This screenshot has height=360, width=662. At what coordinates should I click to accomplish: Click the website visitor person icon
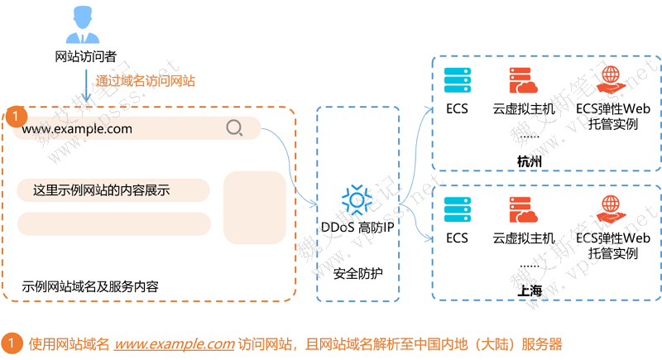coord(85,26)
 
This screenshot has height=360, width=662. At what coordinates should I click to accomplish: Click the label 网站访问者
coord(85,57)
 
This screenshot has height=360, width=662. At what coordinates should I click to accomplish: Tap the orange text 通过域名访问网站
coord(145,81)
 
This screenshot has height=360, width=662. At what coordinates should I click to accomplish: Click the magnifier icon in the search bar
coord(234,128)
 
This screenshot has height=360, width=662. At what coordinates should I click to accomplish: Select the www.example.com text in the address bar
coord(77,128)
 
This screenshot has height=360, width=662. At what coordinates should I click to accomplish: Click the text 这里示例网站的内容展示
coord(101,190)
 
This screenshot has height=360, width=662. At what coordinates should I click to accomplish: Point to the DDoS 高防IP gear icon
coord(357,199)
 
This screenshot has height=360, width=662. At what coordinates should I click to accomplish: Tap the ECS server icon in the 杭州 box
coord(457,80)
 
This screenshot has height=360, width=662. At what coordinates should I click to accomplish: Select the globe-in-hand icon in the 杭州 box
coord(613,80)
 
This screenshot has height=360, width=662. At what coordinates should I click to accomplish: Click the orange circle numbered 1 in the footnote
coord(14,343)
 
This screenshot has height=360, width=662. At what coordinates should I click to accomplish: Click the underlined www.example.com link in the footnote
coord(175,343)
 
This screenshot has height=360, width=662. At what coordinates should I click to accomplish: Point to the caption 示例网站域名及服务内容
coord(90,286)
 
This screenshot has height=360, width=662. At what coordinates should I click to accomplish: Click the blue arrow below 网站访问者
coord(85,85)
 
